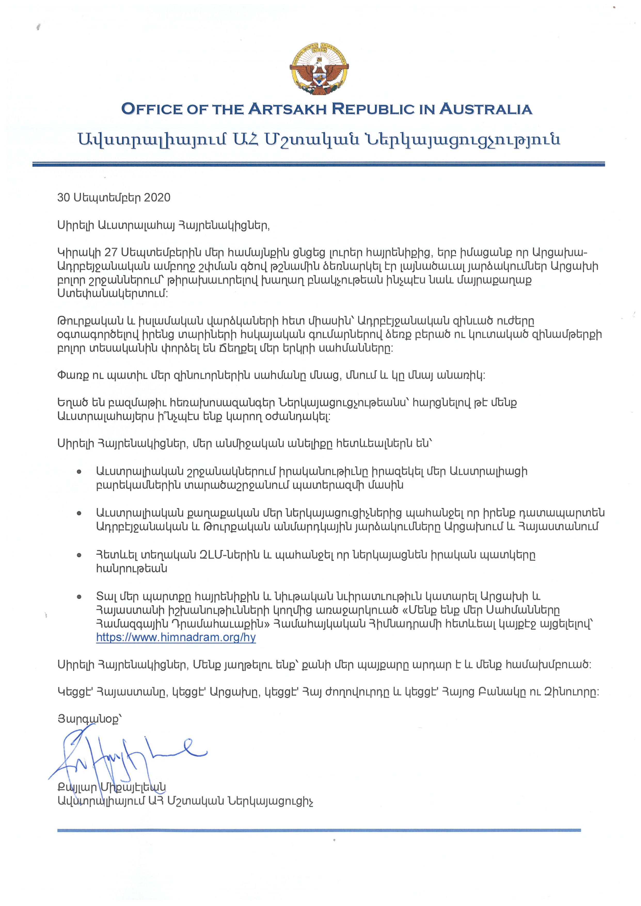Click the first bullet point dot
coord(80,472)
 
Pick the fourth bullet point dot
coord(80,597)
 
